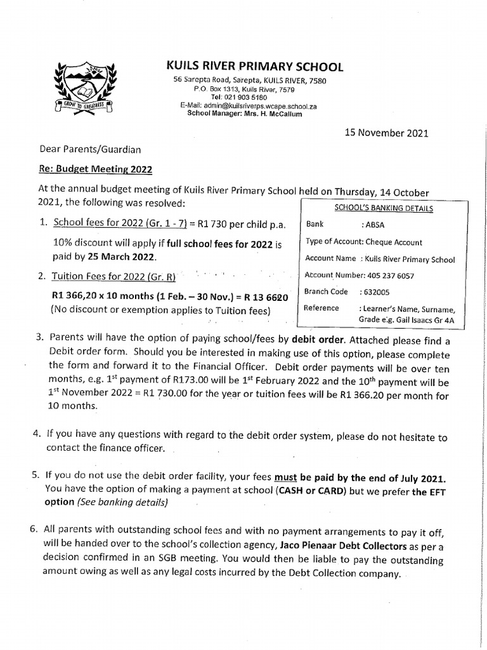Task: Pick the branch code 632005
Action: pos(375,291)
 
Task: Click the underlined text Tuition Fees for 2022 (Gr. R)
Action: pos(115,277)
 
